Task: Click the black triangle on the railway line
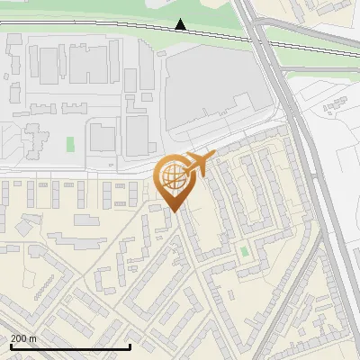(x=181, y=25)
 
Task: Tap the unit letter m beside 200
(x=33, y=338)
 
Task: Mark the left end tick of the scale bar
(x=10, y=346)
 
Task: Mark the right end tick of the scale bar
(x=130, y=346)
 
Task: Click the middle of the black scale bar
(x=70, y=347)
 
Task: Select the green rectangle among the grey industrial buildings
(x=70, y=144)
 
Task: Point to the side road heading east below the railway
(x=333, y=90)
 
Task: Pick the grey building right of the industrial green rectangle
(x=102, y=138)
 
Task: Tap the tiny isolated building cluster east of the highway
(x=336, y=105)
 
